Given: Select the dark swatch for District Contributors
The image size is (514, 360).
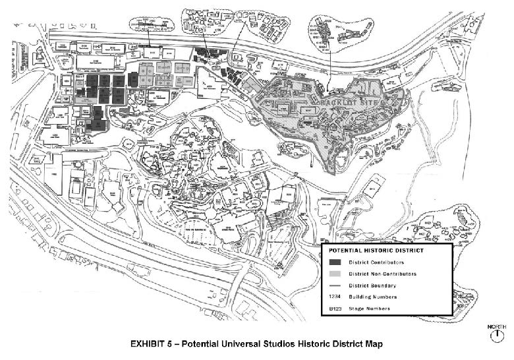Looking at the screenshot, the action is pyautogui.click(x=335, y=262).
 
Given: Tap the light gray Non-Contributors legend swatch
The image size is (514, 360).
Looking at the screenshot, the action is pyautogui.click(x=335, y=274).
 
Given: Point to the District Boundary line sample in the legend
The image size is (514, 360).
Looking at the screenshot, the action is pyautogui.click(x=335, y=285).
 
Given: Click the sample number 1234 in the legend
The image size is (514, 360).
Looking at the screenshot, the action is pyautogui.click(x=335, y=297).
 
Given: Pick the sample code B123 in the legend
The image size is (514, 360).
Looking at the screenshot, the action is pyautogui.click(x=335, y=308).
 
